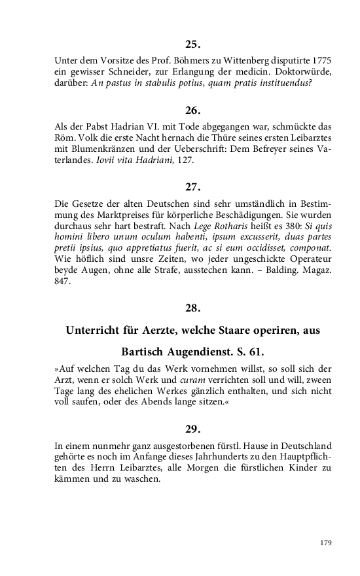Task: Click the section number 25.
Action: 192,45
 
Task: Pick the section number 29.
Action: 192,429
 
